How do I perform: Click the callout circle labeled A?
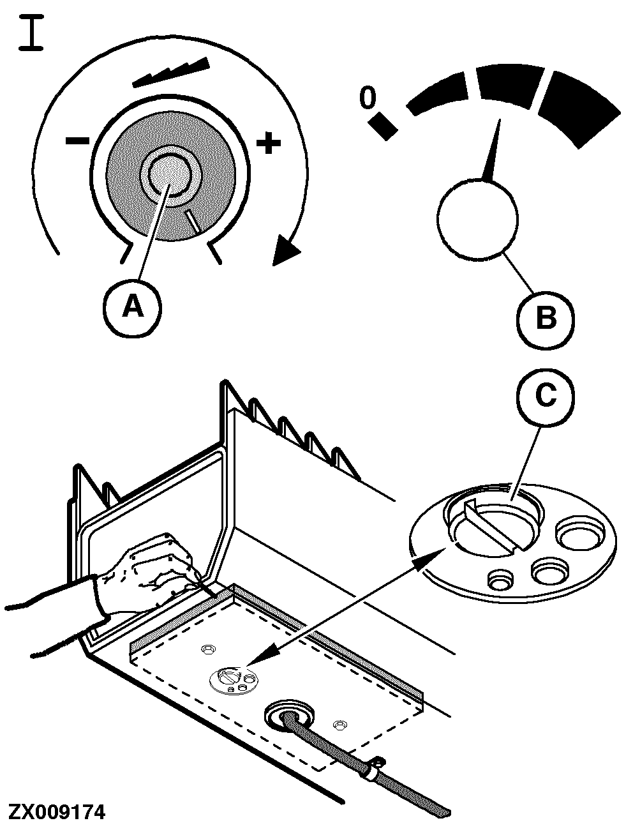133,307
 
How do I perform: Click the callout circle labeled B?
546,317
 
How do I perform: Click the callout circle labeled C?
545,396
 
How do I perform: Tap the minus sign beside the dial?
78,140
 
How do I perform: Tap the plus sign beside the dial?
269,143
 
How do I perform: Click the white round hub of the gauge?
478,219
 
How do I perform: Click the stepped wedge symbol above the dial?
172,72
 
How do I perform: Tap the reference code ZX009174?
56,812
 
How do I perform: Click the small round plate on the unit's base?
234,679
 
